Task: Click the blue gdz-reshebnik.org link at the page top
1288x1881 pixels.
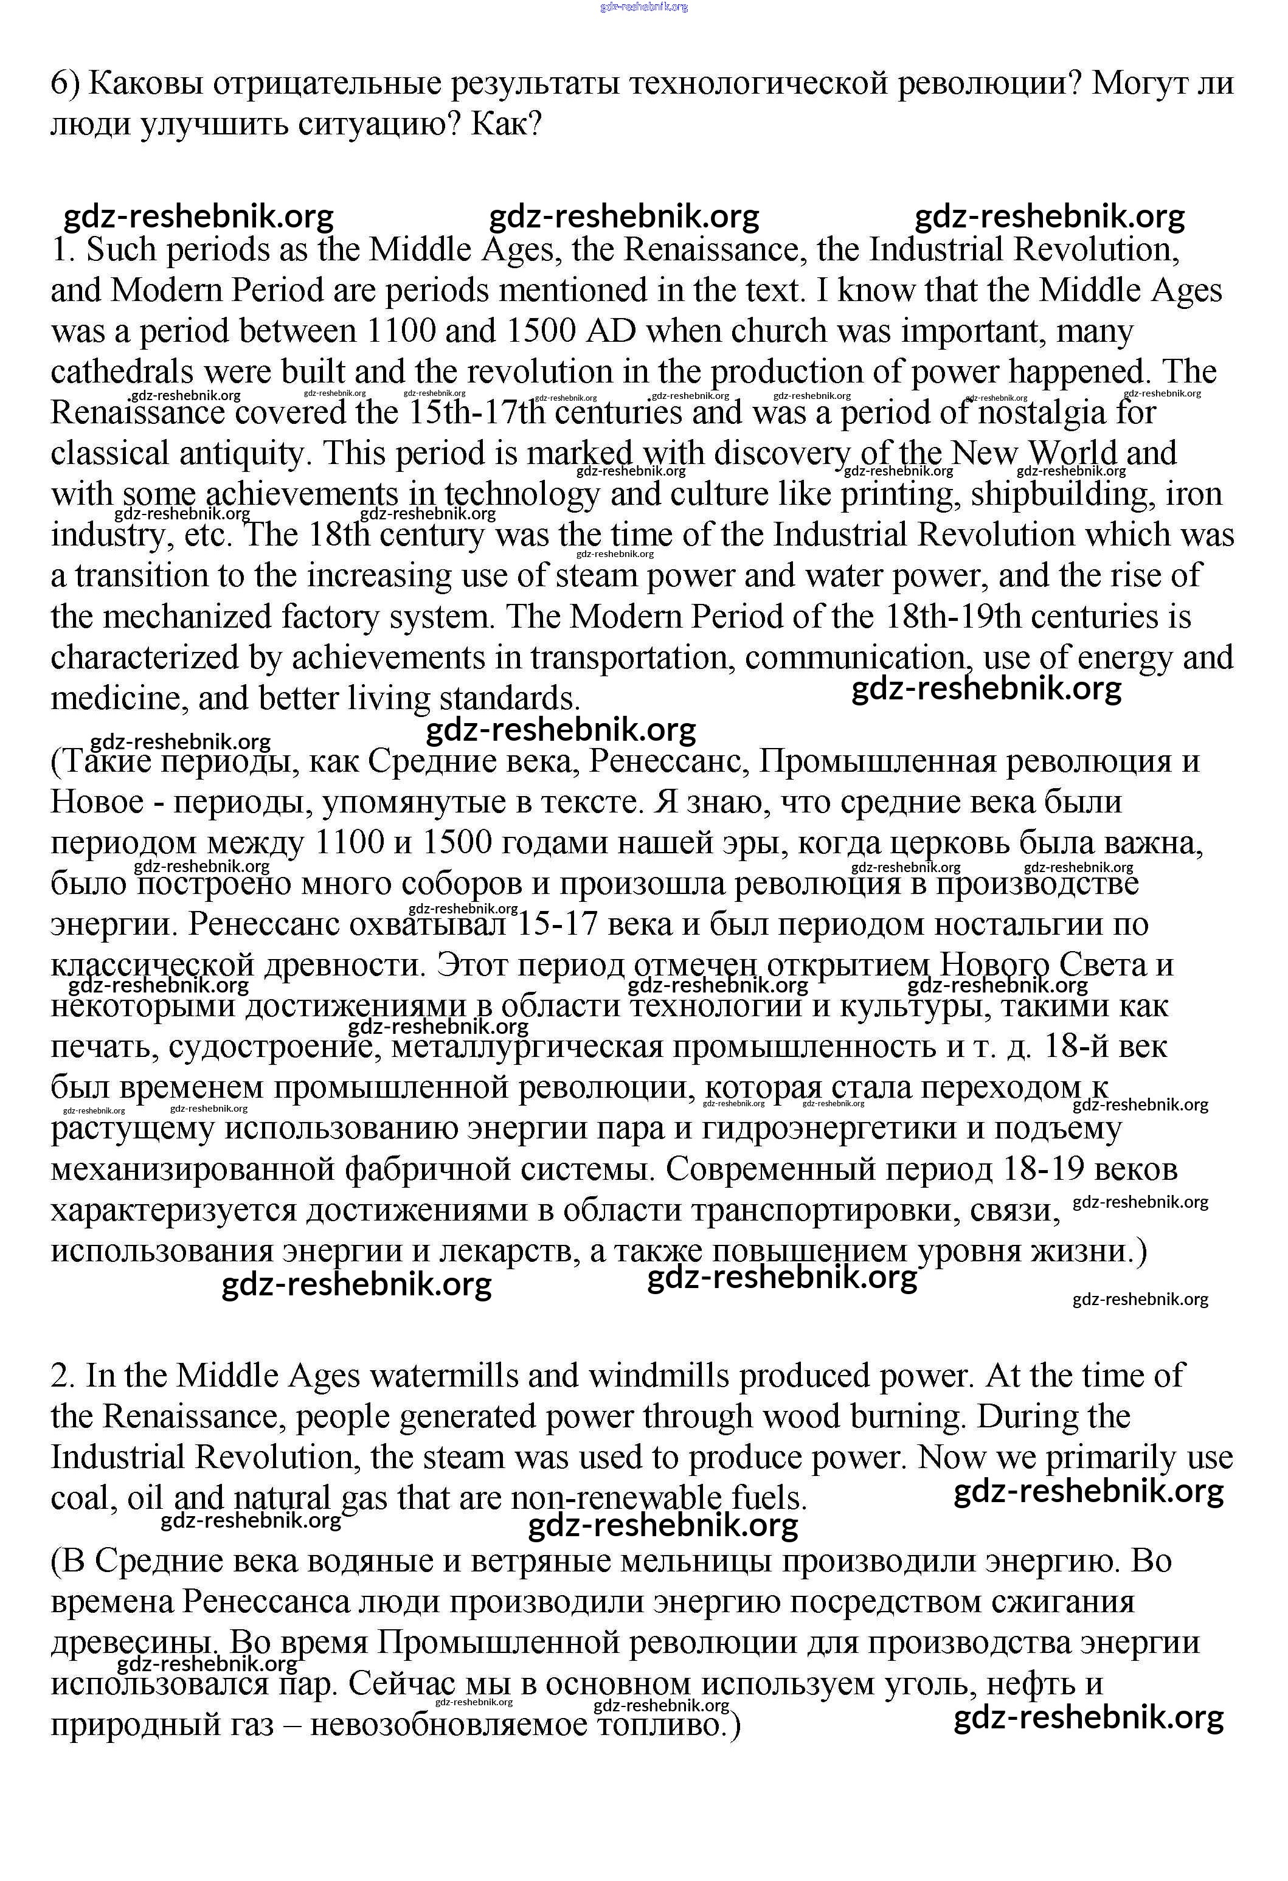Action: (x=643, y=7)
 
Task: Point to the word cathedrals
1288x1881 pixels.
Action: (x=122, y=372)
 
